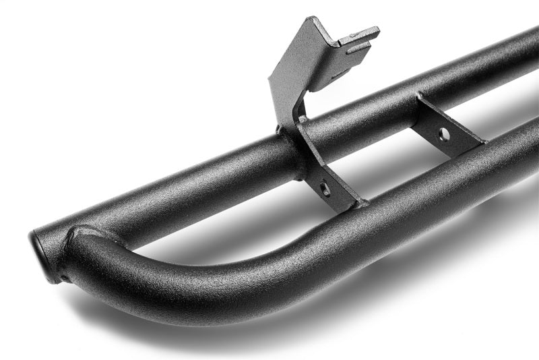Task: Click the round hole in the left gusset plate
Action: (325, 189)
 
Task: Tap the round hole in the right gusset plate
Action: (444, 134)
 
